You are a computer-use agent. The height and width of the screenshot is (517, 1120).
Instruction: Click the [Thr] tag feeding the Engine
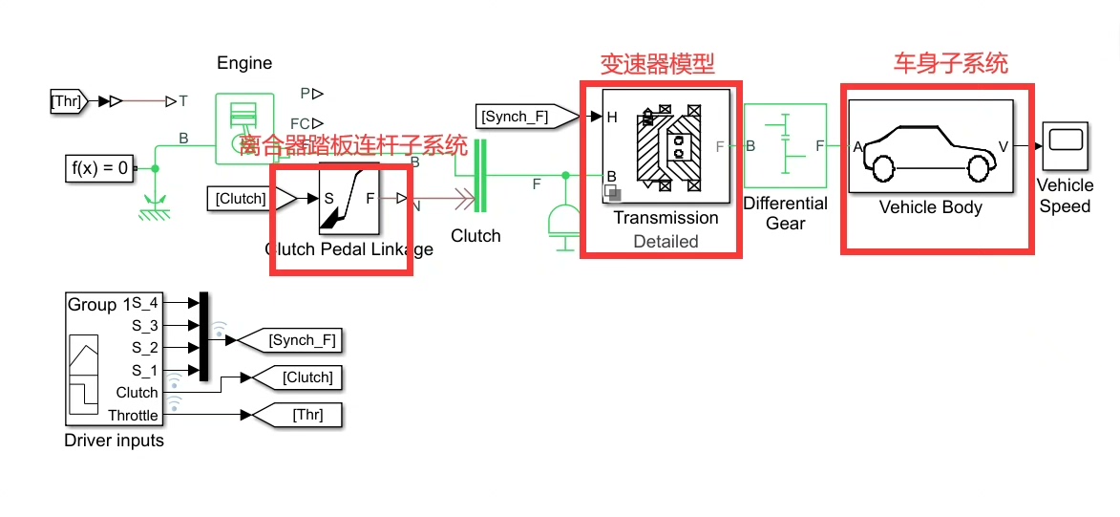68,99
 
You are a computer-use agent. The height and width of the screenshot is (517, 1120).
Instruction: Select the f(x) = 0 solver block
99,168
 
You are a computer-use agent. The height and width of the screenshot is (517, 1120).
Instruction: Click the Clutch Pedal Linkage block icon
349,199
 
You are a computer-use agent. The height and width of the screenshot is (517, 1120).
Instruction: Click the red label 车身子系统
950,64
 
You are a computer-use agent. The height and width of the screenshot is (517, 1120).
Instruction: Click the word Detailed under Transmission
666,242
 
